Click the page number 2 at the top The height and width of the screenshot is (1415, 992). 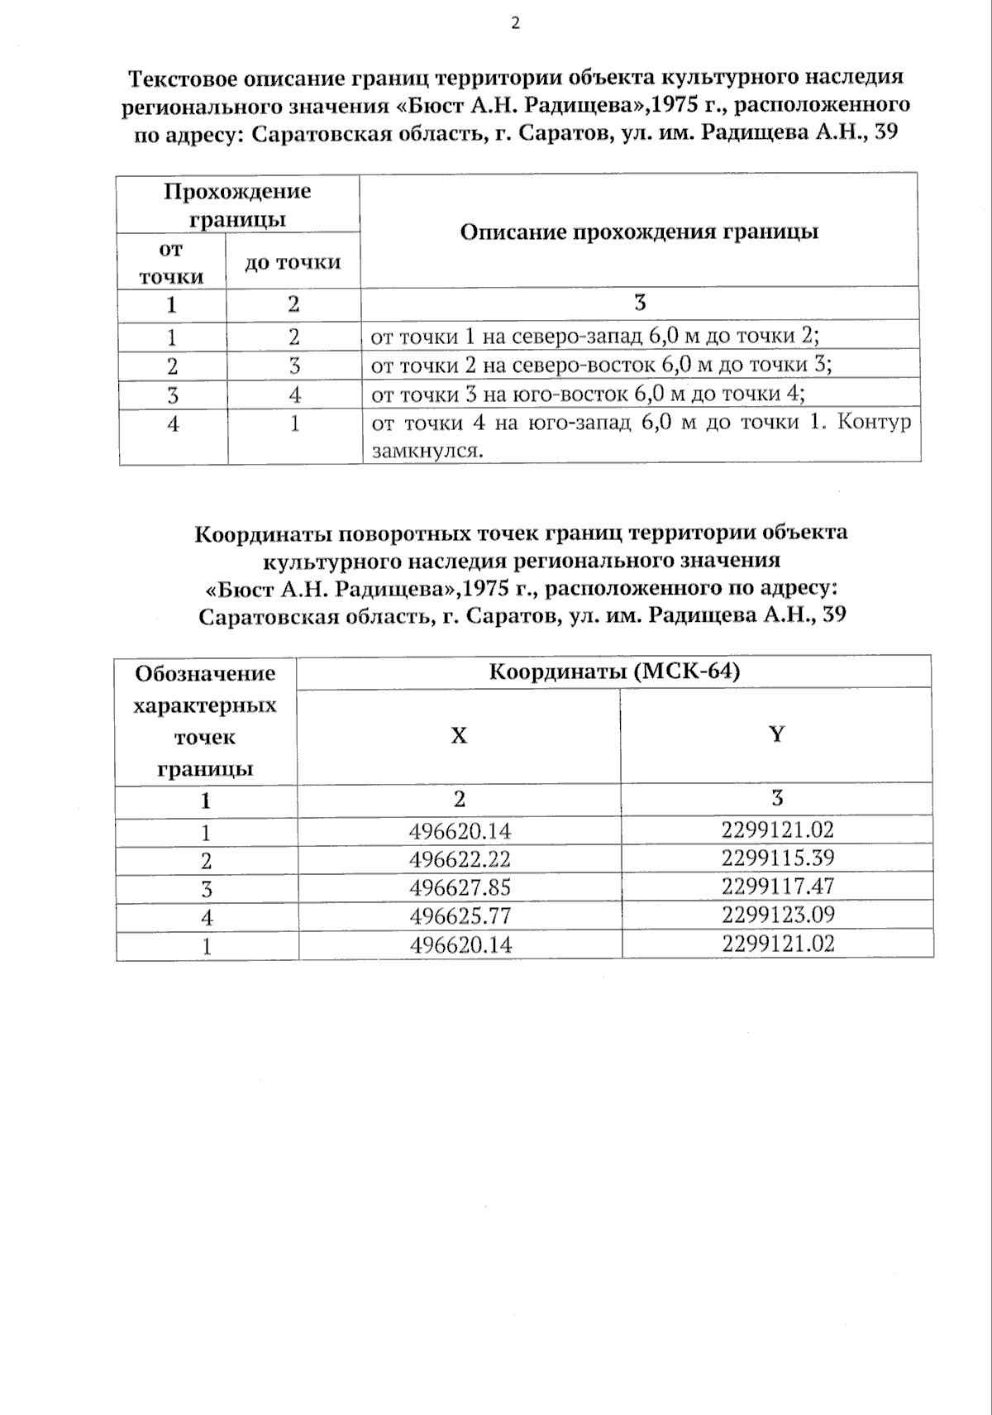[x=515, y=23]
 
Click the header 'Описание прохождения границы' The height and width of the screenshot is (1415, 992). [x=639, y=232]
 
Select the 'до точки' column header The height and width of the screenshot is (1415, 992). [x=293, y=263]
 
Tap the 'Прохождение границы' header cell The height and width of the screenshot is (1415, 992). [x=237, y=204]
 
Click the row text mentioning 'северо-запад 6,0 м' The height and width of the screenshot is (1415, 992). [x=594, y=337]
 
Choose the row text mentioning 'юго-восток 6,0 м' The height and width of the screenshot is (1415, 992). [x=588, y=394]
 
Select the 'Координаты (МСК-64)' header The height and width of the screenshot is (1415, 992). [x=614, y=671]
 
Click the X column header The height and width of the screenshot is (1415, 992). [x=459, y=735]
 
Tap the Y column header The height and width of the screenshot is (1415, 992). [x=776, y=734]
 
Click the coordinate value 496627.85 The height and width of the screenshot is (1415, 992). [x=460, y=888]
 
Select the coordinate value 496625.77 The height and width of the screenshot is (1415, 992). [x=460, y=916]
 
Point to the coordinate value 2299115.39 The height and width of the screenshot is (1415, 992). [x=777, y=858]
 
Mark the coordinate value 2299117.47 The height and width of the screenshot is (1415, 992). [x=777, y=887]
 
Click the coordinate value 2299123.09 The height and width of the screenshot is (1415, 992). [x=777, y=915]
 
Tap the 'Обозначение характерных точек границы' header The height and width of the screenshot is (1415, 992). [x=205, y=720]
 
